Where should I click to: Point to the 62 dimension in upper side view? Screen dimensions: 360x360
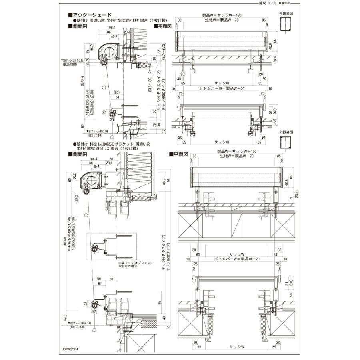coord(83,126)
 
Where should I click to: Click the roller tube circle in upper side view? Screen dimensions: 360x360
coord(109,51)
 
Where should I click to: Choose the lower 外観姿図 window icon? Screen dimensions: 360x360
coord(285,142)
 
